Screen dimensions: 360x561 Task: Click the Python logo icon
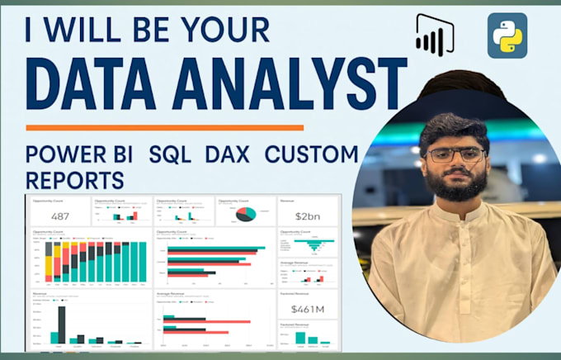click(507, 35)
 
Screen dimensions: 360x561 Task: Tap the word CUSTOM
click(317, 154)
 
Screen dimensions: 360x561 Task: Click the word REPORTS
click(74, 178)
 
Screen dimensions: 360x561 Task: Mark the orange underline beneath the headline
click(165, 128)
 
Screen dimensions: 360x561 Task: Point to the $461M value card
click(307, 309)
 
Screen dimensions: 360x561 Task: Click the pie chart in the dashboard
click(245, 214)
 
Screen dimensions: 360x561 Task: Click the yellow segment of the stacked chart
click(49, 264)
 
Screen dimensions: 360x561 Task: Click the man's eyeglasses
click(455, 154)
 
